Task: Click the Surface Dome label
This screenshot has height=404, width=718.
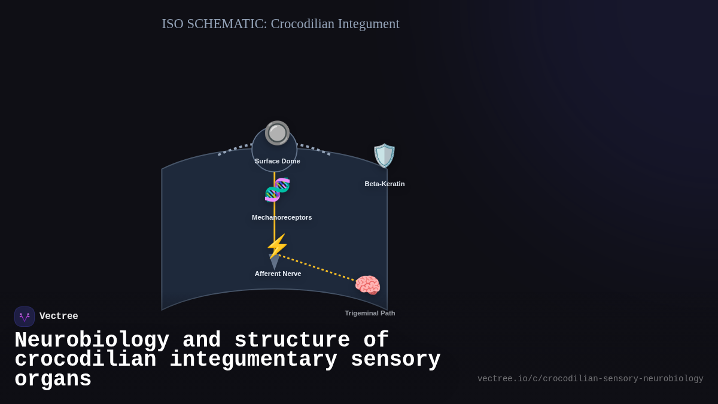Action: point(277,161)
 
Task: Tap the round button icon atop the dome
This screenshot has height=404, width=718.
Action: point(277,133)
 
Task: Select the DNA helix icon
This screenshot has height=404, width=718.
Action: point(277,190)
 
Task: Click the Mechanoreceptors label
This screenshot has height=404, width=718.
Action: point(282,217)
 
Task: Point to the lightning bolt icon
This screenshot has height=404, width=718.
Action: point(277,246)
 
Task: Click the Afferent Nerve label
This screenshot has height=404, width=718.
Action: point(278,274)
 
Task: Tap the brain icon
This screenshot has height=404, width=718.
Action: point(367,285)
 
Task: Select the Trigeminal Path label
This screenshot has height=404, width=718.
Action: point(370,313)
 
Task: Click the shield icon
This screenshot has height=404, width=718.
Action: point(384,156)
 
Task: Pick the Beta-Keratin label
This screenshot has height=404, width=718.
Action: point(385,184)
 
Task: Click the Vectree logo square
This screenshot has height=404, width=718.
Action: point(25,317)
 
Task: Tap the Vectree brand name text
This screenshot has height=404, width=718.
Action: point(59,317)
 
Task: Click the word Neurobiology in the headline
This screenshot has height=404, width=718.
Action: point(92,340)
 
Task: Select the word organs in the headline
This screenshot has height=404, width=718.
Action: point(53,379)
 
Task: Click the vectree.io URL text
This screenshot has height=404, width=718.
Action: point(590,379)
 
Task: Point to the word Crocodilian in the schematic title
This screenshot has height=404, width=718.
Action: point(302,24)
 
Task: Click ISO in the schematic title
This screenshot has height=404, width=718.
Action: point(172,24)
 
